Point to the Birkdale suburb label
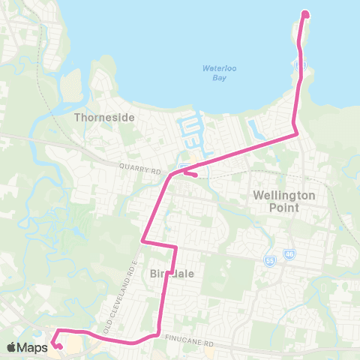pos(172,274)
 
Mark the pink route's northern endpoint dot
pos(305,13)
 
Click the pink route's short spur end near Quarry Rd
pos(195,175)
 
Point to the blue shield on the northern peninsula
pos(299,66)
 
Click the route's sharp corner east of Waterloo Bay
pos(297,133)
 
